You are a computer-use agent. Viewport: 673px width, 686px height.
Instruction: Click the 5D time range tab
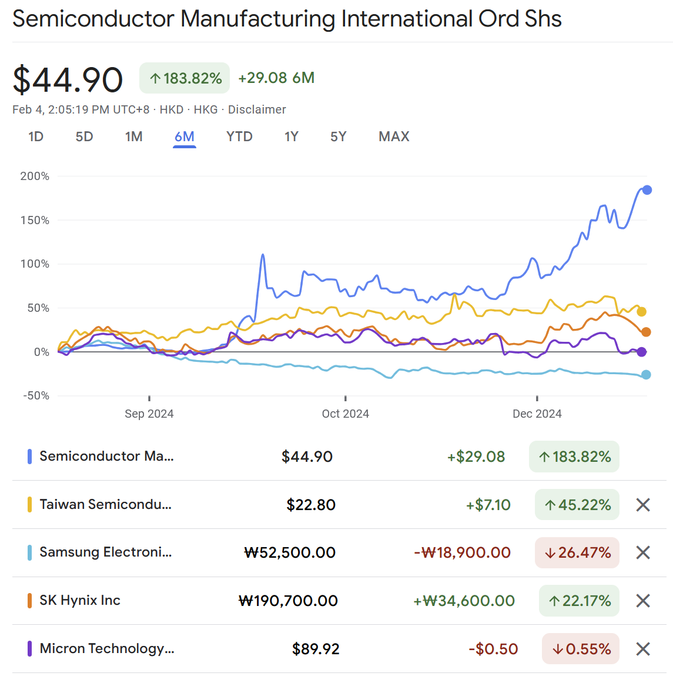pyautogui.click(x=84, y=136)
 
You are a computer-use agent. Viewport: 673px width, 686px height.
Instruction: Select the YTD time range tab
pyautogui.click(x=239, y=136)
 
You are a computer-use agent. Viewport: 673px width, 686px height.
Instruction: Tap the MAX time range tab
pyautogui.click(x=394, y=136)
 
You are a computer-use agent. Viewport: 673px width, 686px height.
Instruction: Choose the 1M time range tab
pyautogui.click(x=133, y=136)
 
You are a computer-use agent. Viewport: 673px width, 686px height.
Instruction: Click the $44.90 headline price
pyautogui.click(x=68, y=79)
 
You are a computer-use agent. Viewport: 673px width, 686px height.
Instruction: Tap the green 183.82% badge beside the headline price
pyautogui.click(x=185, y=78)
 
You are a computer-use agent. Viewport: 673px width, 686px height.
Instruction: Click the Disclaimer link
pyautogui.click(x=257, y=109)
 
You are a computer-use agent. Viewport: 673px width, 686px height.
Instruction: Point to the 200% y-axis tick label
pyautogui.click(x=35, y=176)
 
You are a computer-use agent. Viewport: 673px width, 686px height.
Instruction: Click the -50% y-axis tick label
pyautogui.click(x=36, y=395)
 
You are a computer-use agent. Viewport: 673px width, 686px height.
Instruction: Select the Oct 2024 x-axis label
pyautogui.click(x=345, y=414)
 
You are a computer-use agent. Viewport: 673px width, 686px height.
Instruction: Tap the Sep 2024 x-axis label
pyautogui.click(x=149, y=414)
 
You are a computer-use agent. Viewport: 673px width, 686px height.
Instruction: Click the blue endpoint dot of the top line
pyautogui.click(x=647, y=190)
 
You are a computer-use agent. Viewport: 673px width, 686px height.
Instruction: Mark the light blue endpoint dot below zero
pyautogui.click(x=646, y=375)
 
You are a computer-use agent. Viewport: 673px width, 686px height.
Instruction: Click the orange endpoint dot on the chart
pyautogui.click(x=646, y=332)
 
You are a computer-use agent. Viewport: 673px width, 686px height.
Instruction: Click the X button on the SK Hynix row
pyautogui.click(x=643, y=601)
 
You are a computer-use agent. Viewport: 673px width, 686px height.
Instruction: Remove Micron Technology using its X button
pyautogui.click(x=643, y=649)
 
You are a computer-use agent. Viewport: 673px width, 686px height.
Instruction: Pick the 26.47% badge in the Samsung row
pyautogui.click(x=577, y=552)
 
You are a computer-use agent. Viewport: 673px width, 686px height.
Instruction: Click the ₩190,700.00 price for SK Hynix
pyautogui.click(x=288, y=601)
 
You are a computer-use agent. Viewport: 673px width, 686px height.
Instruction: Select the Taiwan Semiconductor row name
pyautogui.click(x=105, y=504)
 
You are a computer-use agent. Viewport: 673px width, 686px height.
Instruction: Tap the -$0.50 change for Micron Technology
pyautogui.click(x=493, y=649)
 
